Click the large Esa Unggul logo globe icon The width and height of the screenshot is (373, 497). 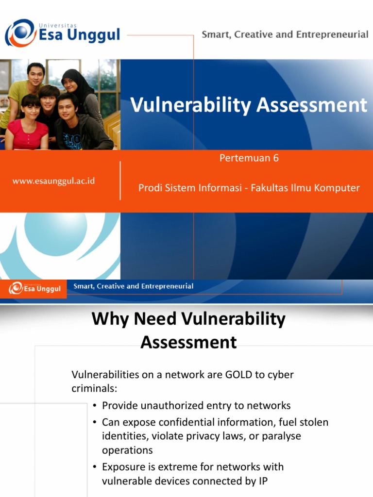coord(20,33)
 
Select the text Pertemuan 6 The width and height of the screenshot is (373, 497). coord(249,158)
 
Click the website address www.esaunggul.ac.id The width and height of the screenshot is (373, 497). coord(53,181)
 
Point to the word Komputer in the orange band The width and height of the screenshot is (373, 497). coord(336,188)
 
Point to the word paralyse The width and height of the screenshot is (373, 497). coord(281,436)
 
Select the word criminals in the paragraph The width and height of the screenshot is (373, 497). coord(93,389)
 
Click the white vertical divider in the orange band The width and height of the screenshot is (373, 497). coord(120,181)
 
